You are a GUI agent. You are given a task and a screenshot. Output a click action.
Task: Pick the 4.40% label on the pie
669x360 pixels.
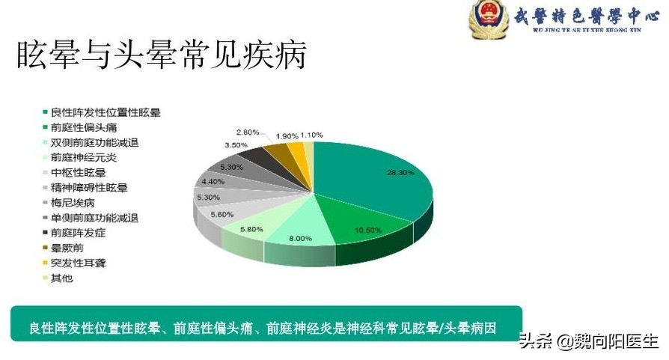[x=213, y=181]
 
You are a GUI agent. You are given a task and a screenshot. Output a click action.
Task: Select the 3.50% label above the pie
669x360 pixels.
[x=236, y=144]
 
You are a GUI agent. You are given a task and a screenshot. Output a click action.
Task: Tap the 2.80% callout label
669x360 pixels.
[x=248, y=132]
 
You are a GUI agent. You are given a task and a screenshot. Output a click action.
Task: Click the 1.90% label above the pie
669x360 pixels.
[x=287, y=136]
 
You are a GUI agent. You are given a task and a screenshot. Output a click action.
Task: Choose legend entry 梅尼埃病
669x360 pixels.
[x=73, y=203]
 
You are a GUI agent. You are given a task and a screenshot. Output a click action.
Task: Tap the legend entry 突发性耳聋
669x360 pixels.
[x=78, y=263]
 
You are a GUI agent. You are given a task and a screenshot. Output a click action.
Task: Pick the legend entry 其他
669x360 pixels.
[x=62, y=278]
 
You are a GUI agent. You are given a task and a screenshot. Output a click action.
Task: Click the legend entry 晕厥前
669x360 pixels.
[x=67, y=248]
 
